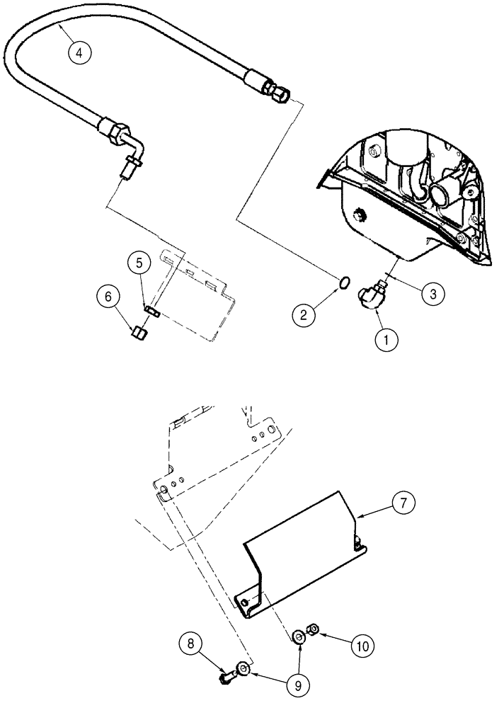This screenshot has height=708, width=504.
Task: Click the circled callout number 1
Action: click(x=386, y=340)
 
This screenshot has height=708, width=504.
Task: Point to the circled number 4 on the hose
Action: click(x=80, y=53)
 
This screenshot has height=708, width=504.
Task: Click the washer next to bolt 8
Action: click(x=244, y=668)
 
